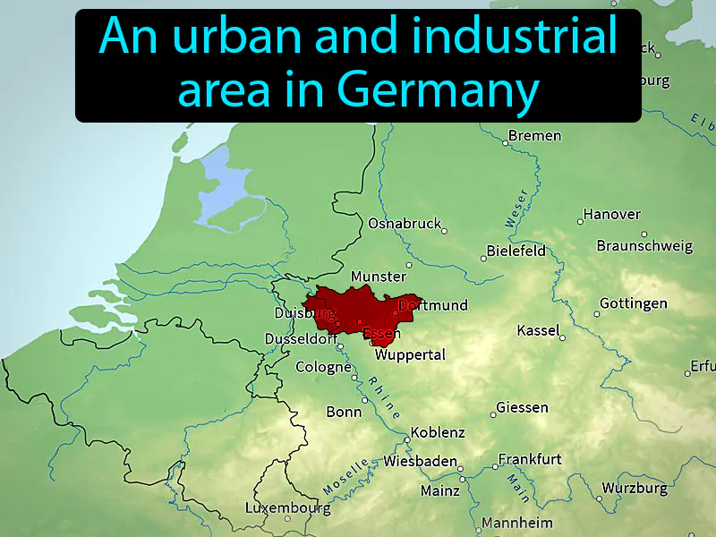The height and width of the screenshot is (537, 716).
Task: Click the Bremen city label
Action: point(534,136)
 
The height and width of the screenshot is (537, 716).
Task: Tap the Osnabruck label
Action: point(405,223)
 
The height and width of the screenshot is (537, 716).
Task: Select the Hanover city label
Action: point(612,215)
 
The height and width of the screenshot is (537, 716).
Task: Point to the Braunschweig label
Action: point(644,245)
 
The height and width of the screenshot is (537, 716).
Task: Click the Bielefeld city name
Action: point(516,251)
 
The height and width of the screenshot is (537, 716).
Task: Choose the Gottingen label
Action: point(633,303)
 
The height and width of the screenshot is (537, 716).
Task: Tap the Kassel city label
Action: point(538,331)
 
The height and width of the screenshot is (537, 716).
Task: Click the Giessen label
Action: point(522,408)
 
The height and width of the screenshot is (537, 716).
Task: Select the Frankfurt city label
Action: point(530,459)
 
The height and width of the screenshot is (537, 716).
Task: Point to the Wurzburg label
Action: point(634,489)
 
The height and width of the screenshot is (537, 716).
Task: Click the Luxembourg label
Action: point(287,508)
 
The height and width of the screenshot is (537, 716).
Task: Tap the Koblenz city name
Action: point(438,433)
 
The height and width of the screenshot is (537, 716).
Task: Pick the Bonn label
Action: point(345,412)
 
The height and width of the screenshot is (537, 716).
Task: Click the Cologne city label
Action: point(323,367)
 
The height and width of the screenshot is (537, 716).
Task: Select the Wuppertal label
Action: point(410,355)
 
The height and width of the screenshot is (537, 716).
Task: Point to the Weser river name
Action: point(516,208)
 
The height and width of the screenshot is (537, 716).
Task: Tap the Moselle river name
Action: point(346,478)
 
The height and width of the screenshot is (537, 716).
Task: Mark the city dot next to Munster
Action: point(410,265)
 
